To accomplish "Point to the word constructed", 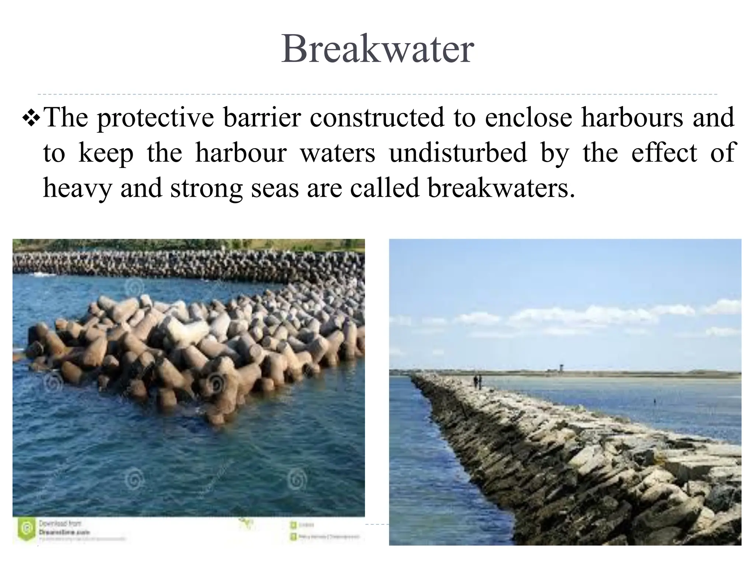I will pyautogui.click(x=377, y=118).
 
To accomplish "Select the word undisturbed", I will pyautogui.click(x=458, y=153).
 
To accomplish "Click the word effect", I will pyautogui.click(x=664, y=153).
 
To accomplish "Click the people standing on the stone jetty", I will pyautogui.click(x=478, y=381).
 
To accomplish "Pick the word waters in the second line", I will pyautogui.click(x=338, y=153).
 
